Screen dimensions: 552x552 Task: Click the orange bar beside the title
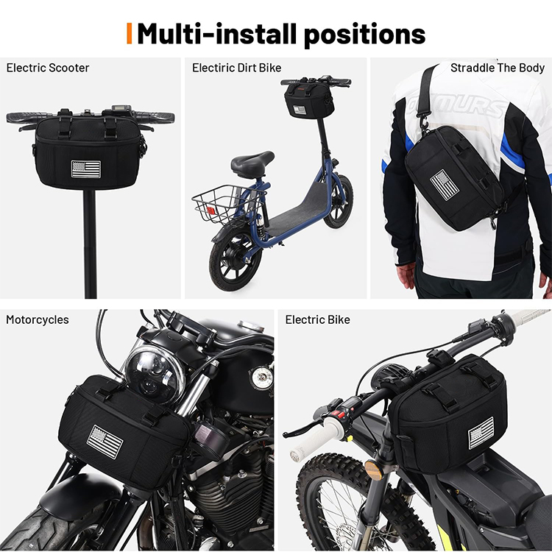coord(130,33)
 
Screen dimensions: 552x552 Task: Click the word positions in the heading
coord(364,34)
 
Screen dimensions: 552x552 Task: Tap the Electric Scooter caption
coord(48,68)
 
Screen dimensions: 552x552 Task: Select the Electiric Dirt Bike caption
coord(236,68)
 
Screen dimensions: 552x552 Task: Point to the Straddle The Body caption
coord(498,68)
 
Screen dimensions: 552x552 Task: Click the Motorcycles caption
coord(38,319)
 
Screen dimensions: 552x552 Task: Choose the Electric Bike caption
coord(317,319)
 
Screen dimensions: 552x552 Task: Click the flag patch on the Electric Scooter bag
coord(86,169)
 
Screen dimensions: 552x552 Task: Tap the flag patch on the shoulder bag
coord(445,185)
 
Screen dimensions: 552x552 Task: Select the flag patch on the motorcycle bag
coord(105,442)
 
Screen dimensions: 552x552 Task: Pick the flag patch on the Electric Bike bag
coord(481,433)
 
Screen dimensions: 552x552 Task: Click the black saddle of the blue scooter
coord(252,163)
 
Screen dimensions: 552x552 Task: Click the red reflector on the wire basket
coord(210,210)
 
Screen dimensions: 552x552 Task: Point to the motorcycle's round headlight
coord(155,374)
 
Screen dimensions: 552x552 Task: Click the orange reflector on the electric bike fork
coord(373,470)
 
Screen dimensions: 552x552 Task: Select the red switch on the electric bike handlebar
coord(341,414)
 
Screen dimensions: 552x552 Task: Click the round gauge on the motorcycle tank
coord(261,378)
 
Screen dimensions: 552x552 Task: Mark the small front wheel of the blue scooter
coord(338,201)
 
